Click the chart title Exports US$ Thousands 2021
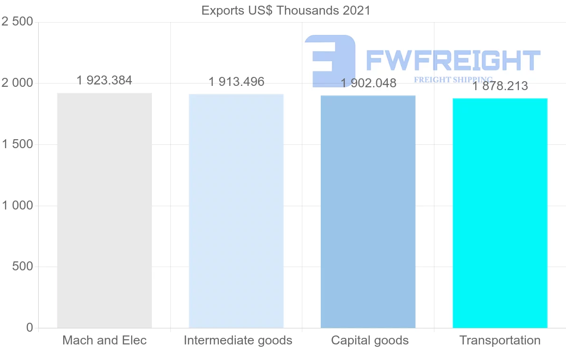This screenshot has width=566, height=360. point(286,10)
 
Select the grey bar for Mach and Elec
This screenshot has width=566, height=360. point(104,210)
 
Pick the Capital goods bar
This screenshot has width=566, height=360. point(368,212)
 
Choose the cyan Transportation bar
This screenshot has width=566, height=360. point(500,213)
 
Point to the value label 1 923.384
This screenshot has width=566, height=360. point(104,81)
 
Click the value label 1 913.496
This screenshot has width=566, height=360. point(236,82)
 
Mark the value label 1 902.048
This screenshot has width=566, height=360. point(368,84)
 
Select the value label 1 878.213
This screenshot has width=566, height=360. point(500,86)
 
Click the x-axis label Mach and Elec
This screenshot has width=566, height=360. point(104,340)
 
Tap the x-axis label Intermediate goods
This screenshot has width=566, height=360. point(238,340)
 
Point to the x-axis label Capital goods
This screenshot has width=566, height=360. point(370,340)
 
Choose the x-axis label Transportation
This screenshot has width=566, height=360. point(500,340)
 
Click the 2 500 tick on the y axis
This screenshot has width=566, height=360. point(17,22)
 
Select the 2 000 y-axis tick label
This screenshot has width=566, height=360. point(17,83)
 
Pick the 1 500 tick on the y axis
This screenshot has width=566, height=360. point(17,144)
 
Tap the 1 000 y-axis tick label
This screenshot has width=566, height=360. point(17,206)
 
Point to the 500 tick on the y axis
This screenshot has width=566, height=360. point(23,267)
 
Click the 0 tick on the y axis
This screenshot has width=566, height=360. point(30,328)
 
